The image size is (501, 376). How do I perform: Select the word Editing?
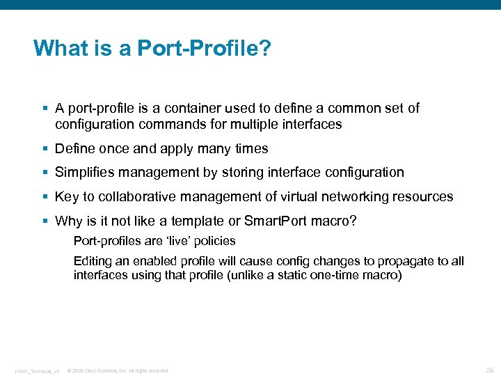(x=92, y=261)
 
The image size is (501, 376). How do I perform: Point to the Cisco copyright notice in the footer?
(x=118, y=370)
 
